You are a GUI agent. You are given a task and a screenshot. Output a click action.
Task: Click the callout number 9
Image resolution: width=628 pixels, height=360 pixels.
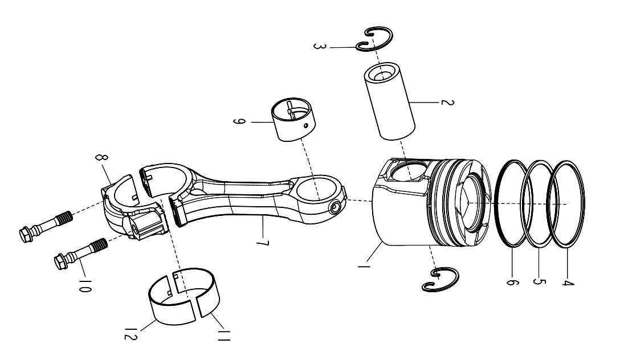(238, 122)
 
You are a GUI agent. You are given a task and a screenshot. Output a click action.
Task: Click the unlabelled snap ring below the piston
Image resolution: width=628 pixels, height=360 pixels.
(439, 279)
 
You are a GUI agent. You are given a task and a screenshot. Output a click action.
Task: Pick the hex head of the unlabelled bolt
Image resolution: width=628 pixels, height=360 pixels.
(25, 234)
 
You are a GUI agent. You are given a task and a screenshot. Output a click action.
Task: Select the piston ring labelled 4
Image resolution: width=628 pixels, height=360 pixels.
(568, 205)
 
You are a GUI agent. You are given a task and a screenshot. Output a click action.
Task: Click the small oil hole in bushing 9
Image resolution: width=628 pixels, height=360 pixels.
(306, 125)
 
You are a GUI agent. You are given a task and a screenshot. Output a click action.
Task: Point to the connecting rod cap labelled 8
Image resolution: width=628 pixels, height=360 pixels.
(123, 205)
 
